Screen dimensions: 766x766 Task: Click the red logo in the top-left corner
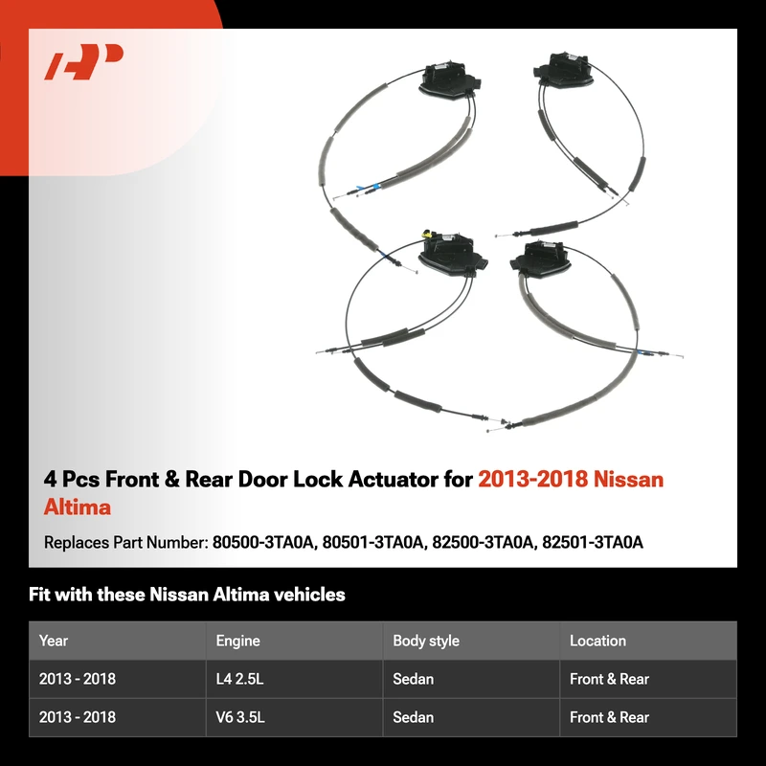click(83, 61)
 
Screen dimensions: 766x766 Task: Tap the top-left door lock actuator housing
click(449, 80)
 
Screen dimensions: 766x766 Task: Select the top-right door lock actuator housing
click(564, 70)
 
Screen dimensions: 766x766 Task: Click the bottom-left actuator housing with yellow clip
click(452, 254)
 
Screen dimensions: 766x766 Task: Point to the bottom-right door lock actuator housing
click(540, 259)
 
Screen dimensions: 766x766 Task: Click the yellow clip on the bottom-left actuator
click(428, 233)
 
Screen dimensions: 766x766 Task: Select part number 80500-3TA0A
click(262, 542)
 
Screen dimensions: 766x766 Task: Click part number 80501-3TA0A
click(372, 542)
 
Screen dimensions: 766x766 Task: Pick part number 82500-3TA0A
click(483, 542)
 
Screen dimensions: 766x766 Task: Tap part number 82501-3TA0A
click(593, 542)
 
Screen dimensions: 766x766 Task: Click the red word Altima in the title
click(78, 507)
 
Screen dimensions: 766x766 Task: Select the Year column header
click(54, 641)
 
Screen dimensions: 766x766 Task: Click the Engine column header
click(237, 641)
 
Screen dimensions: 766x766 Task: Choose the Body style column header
click(426, 641)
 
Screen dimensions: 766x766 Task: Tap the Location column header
click(597, 641)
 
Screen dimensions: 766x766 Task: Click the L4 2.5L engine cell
click(239, 679)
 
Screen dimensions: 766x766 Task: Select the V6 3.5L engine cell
click(240, 717)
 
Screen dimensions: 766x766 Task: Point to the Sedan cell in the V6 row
click(413, 717)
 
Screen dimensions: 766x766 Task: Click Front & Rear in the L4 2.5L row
click(609, 679)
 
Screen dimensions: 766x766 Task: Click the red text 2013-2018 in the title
click(531, 480)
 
